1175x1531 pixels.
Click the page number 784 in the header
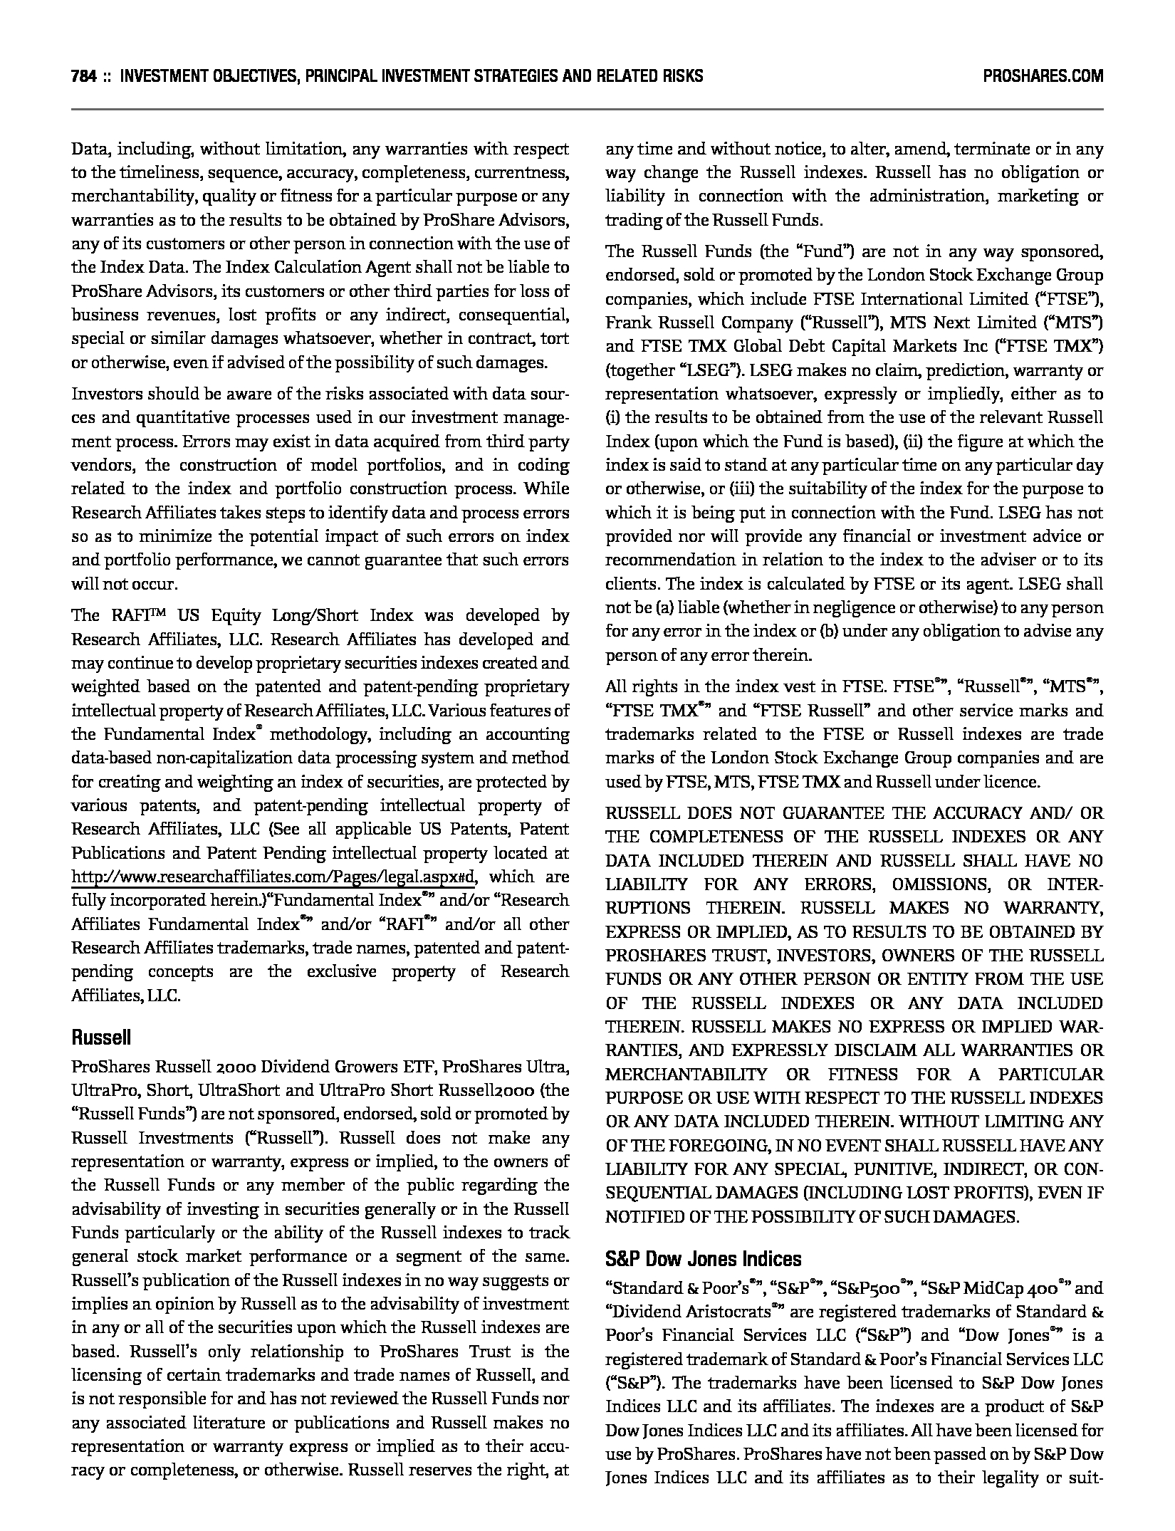point(84,76)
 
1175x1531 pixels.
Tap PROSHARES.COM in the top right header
point(1043,76)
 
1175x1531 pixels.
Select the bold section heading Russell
point(101,1038)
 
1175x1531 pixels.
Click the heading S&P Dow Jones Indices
point(703,1259)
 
